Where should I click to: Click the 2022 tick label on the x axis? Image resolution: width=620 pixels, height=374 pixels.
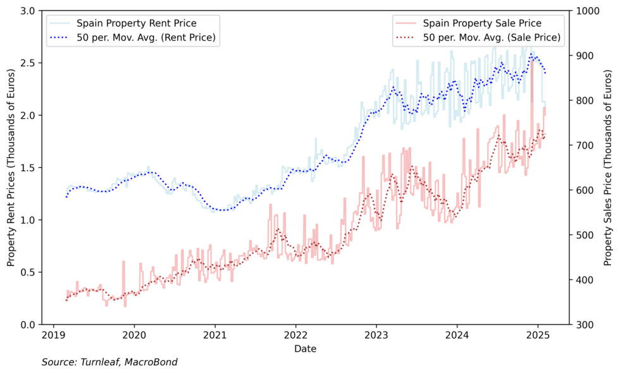point(295,335)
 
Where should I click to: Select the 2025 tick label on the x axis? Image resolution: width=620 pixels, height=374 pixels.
point(537,335)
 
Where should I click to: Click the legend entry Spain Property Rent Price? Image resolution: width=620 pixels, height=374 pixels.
point(146,23)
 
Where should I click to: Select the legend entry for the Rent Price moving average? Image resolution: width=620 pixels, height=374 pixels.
point(146,38)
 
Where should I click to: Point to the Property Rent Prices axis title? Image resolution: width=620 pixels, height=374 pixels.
point(11,167)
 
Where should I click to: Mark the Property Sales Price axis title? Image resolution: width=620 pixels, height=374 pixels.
point(607,167)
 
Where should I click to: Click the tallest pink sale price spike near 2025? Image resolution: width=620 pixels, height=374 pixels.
point(531,63)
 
